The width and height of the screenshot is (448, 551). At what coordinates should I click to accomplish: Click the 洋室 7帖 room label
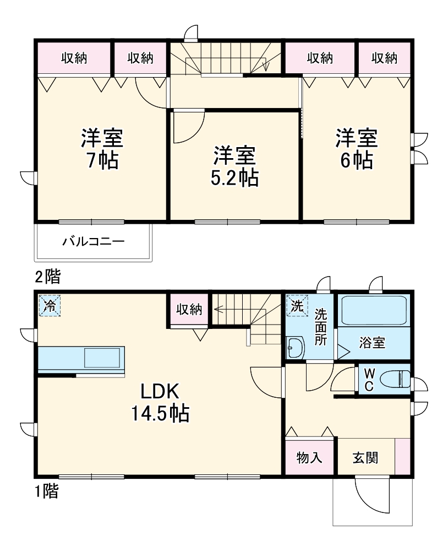click(x=102, y=149)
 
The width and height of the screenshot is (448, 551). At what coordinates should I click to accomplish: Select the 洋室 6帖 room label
click(x=357, y=149)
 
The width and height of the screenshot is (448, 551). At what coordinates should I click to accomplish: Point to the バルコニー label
click(x=93, y=241)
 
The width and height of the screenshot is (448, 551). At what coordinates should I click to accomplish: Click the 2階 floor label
click(x=48, y=277)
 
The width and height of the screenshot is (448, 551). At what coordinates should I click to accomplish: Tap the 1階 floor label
click(x=47, y=491)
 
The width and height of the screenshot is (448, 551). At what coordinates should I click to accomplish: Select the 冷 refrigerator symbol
click(x=50, y=306)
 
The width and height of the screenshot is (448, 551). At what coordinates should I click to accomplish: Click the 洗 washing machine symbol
click(x=297, y=306)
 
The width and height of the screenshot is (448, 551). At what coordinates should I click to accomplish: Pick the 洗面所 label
click(x=321, y=327)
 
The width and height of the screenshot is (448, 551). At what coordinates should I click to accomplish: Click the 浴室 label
click(x=372, y=343)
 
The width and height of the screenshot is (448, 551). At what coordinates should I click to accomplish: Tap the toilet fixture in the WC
click(x=396, y=379)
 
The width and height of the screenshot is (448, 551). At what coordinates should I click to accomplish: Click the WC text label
click(x=369, y=380)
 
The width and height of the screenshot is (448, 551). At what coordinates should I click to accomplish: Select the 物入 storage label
click(x=309, y=457)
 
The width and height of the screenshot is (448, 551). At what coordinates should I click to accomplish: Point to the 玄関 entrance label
click(x=365, y=457)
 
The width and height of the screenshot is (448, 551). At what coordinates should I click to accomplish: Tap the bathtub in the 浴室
click(x=374, y=311)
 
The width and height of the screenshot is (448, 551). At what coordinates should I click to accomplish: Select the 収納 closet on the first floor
click(x=189, y=310)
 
